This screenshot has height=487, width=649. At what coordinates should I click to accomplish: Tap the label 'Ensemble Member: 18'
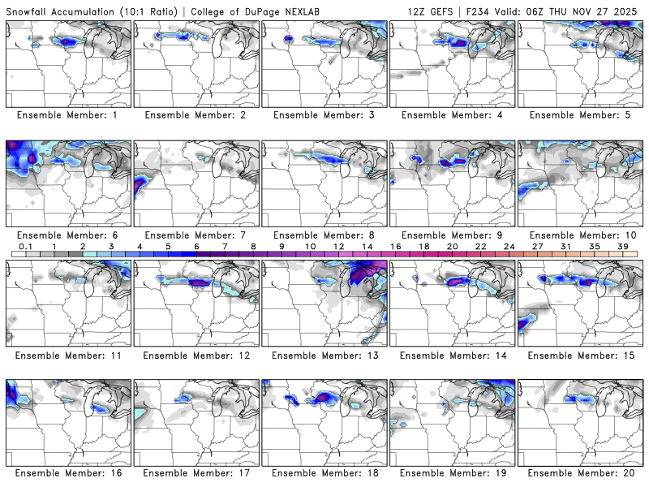[324, 472]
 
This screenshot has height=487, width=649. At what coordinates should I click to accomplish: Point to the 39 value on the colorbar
[622, 245]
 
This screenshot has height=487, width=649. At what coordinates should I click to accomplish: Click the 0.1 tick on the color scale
[25, 245]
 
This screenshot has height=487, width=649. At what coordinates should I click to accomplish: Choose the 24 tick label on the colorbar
[509, 245]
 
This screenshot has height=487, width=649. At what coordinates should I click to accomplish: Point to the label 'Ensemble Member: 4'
[452, 114]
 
